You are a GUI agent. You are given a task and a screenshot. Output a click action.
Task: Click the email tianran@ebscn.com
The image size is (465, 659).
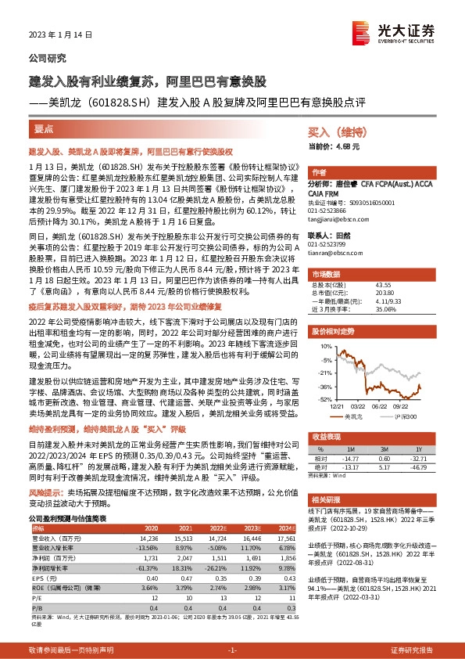327,253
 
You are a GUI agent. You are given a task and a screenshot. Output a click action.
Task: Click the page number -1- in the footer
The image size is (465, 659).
232,650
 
